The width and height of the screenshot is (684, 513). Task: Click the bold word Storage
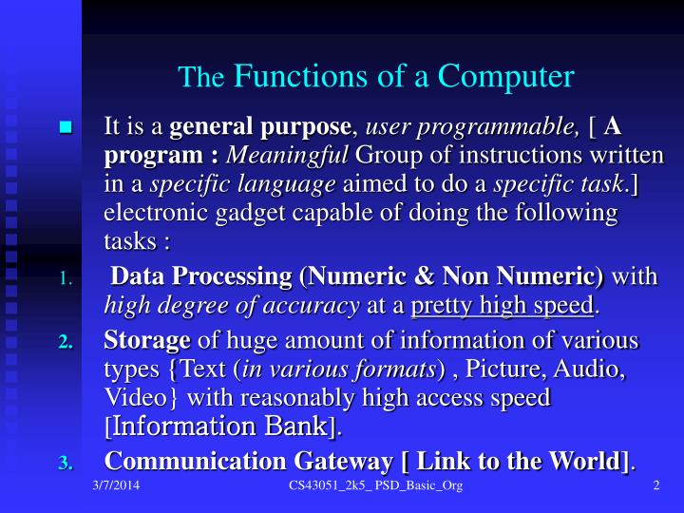pos(147,340)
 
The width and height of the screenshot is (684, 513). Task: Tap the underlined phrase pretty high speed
pos(503,305)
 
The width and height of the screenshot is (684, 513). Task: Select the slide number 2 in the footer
pos(656,487)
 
